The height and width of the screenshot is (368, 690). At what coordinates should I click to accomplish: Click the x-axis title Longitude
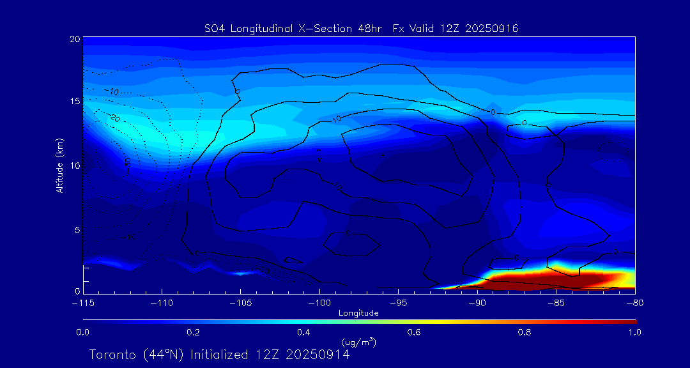(358, 313)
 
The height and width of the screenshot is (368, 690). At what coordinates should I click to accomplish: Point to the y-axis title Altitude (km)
(59, 165)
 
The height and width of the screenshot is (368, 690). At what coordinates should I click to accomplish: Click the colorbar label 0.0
(82, 332)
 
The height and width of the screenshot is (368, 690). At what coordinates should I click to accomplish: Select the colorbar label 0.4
(303, 332)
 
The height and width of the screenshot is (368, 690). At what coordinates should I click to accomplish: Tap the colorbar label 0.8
(525, 332)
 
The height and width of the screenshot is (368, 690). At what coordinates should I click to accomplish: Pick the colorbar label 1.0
(635, 332)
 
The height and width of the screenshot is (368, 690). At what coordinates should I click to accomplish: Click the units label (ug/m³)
(358, 342)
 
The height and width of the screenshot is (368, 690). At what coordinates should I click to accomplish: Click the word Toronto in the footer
(112, 355)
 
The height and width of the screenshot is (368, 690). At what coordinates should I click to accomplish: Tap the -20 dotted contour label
(114, 118)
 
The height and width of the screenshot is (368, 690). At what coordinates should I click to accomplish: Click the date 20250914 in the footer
(318, 355)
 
